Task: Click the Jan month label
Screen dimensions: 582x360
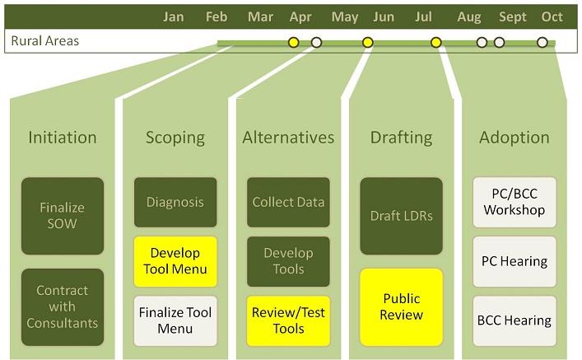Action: pyautogui.click(x=174, y=16)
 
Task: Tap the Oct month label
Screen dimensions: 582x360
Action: pyautogui.click(x=552, y=16)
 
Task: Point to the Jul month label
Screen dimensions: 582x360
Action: pyautogui.click(x=423, y=16)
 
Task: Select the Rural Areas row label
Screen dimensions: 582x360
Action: pyautogui.click(x=45, y=40)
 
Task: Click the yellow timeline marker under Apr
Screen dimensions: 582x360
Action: pyautogui.click(x=294, y=42)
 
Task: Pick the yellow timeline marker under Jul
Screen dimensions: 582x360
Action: pyautogui.click(x=436, y=42)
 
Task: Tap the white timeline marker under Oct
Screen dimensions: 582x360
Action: pyautogui.click(x=542, y=42)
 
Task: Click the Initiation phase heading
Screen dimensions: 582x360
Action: pyautogui.click(x=63, y=138)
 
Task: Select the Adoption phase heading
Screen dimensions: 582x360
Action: pyautogui.click(x=514, y=138)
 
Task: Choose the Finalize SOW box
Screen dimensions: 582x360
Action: pyautogui.click(x=63, y=216)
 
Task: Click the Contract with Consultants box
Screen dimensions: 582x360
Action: pyautogui.click(x=63, y=307)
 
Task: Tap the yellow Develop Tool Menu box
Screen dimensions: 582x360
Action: pyautogui.click(x=175, y=261)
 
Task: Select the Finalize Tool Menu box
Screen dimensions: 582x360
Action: pyautogui.click(x=175, y=320)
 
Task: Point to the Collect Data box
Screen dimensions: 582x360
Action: pyautogui.click(x=288, y=202)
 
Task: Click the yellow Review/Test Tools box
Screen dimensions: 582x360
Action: pyautogui.click(x=288, y=320)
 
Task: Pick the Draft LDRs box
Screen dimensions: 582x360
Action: pyautogui.click(x=401, y=216)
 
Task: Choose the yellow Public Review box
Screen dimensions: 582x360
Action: pyautogui.click(x=401, y=307)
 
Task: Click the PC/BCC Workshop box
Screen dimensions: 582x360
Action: pyautogui.click(x=514, y=202)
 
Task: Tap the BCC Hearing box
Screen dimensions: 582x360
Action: pyautogui.click(x=514, y=320)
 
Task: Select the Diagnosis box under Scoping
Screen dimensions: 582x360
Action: pyautogui.click(x=175, y=202)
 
